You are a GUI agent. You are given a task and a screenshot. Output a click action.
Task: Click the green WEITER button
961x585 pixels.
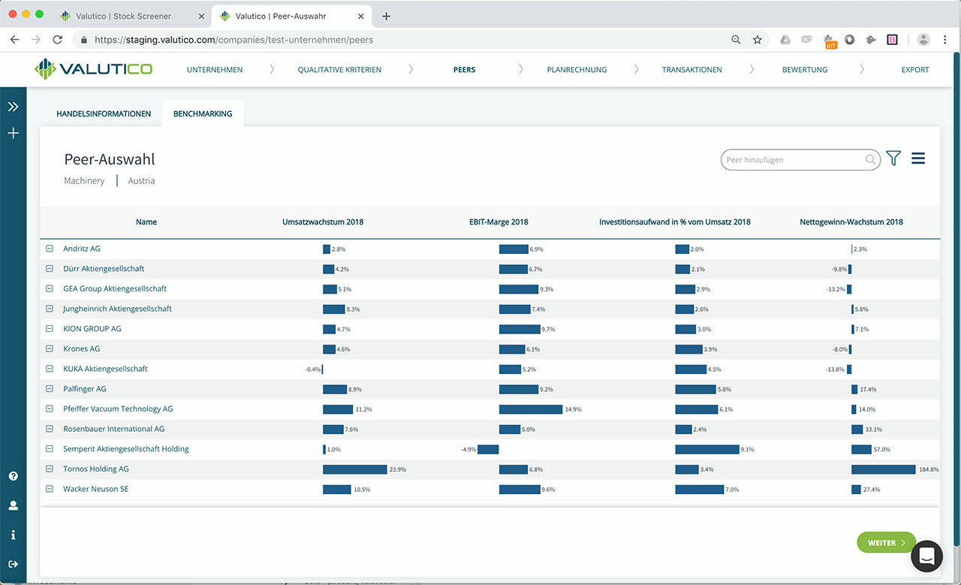pos(886,542)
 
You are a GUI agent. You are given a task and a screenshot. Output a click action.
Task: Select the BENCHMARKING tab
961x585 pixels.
pos(203,114)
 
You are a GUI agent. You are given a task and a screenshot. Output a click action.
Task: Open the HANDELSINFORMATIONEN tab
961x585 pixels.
pos(104,114)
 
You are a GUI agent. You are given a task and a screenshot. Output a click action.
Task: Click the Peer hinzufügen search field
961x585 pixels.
pos(794,159)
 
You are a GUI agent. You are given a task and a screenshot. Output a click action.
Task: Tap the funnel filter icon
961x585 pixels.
pos(893,158)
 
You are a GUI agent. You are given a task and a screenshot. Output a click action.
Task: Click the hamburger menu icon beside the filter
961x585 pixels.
pos(917,158)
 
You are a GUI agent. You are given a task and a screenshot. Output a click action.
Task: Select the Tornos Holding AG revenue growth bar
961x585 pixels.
pos(354,469)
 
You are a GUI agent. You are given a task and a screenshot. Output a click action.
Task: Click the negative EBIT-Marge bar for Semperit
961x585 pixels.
pos(488,449)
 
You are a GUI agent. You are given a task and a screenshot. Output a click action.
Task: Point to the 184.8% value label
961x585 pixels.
pos(929,469)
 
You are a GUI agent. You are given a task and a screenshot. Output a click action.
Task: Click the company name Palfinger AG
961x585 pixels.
pos(85,389)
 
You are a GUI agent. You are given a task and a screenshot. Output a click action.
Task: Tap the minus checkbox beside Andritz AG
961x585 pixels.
pos(50,249)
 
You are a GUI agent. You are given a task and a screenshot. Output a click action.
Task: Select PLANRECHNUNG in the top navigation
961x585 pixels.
pos(577,70)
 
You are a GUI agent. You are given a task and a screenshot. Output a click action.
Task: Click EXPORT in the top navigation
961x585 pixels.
pos(914,70)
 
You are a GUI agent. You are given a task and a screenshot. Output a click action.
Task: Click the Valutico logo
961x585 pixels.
pos(94,69)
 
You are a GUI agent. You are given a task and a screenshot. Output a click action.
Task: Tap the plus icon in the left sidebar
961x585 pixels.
pos(13,134)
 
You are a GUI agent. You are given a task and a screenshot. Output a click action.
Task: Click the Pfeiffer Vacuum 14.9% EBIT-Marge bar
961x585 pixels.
pos(530,409)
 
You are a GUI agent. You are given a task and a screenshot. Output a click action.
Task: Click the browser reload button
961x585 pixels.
pos(58,40)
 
